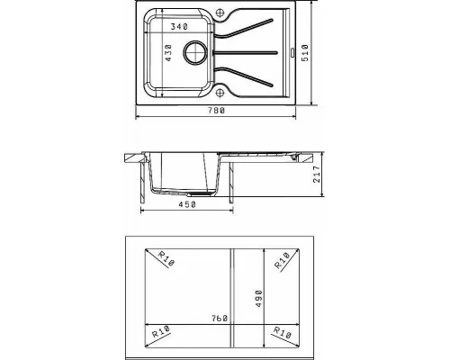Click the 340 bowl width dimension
(179, 27)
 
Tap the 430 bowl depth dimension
(168, 53)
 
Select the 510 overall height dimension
(305, 53)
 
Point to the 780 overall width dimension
(216, 111)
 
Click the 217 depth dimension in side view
(317, 174)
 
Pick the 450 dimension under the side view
(187, 204)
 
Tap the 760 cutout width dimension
(219, 319)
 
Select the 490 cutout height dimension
(259, 299)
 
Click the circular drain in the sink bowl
(195, 52)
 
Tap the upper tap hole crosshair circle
(220, 13)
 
